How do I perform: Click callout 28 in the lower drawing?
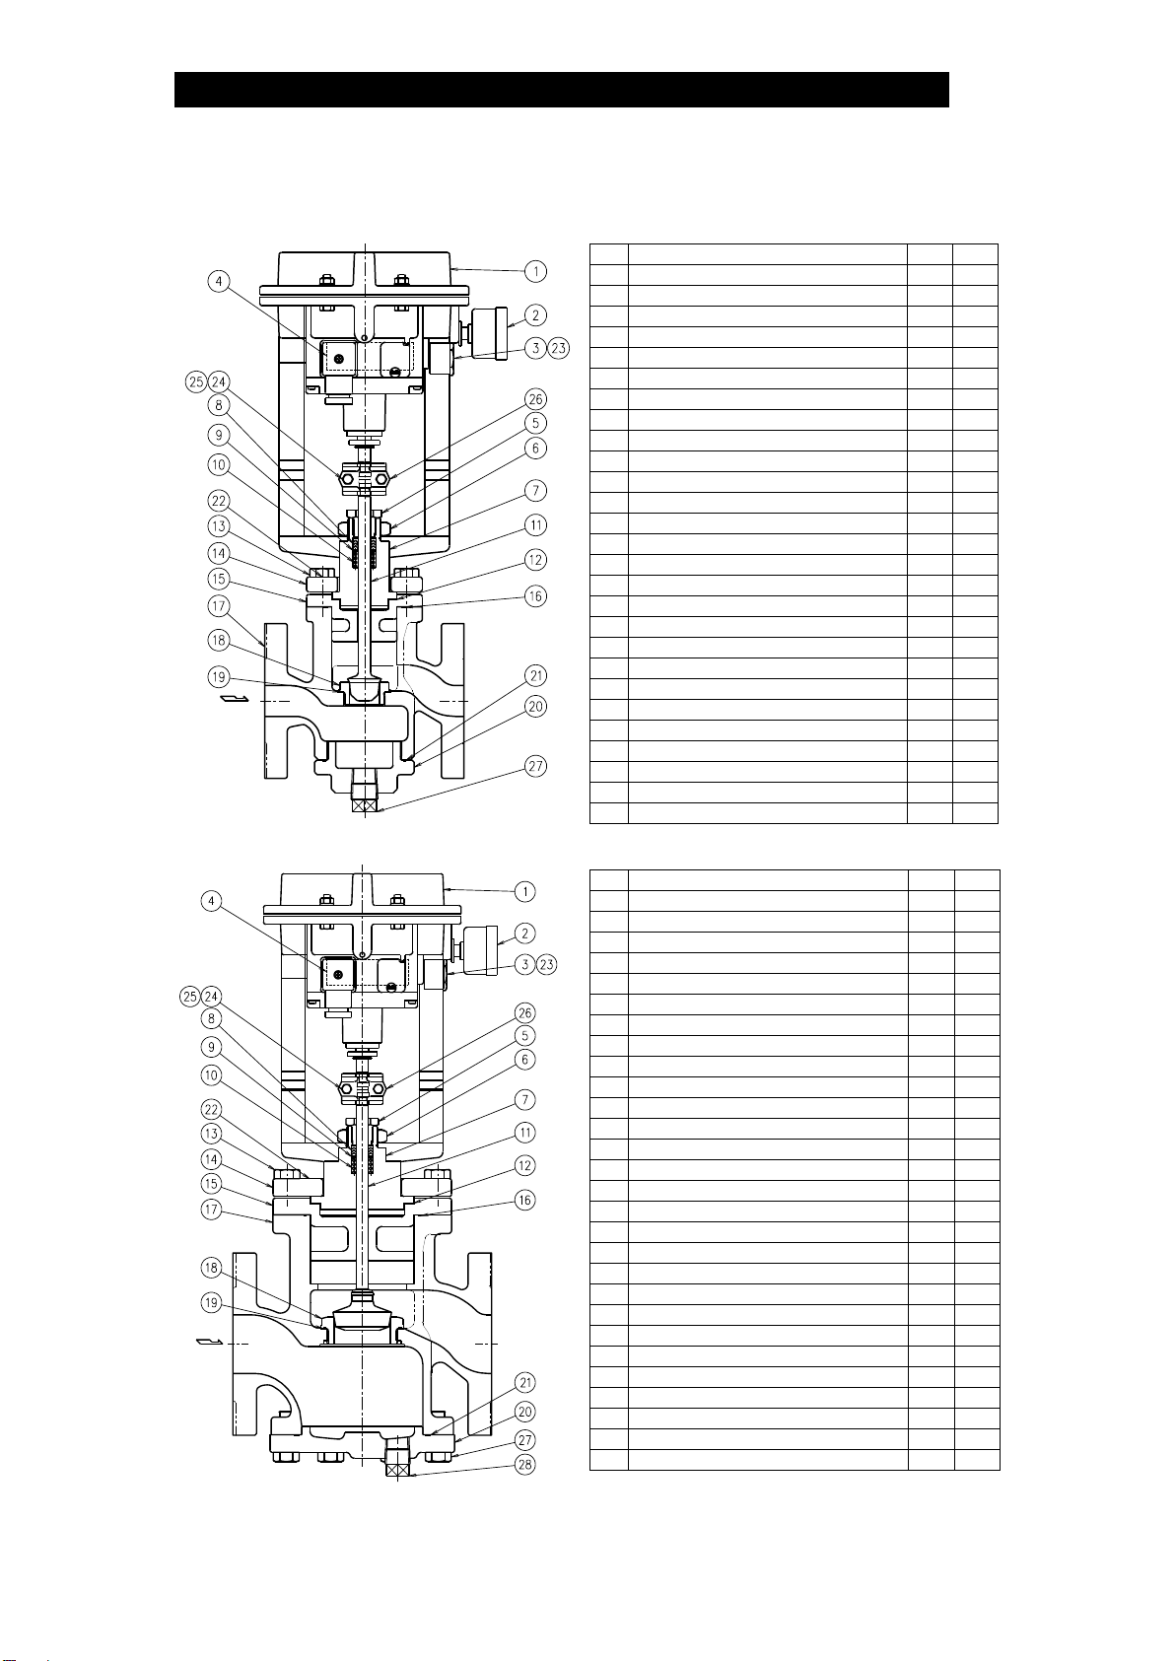525,1465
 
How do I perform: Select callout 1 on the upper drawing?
535,270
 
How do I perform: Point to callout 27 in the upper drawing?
535,766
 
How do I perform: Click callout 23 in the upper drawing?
559,347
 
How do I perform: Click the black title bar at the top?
561,89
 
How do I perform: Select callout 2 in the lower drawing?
527,934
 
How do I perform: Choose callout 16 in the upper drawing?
535,595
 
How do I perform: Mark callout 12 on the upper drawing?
535,560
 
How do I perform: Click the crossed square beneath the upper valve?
366,805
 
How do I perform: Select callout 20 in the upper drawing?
535,706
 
